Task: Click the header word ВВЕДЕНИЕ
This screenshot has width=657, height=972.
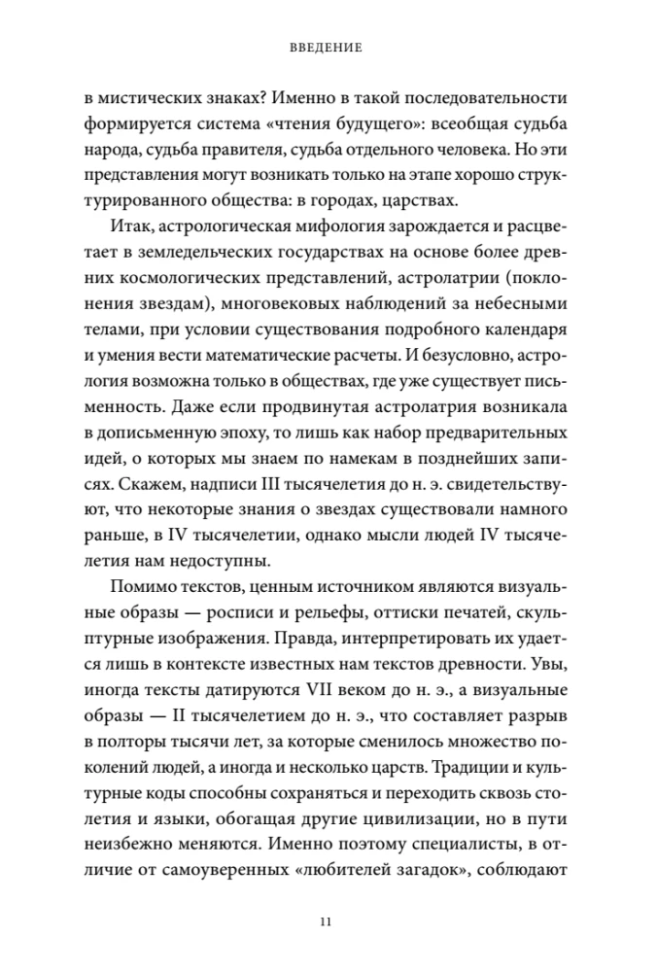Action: pyautogui.click(x=328, y=46)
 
